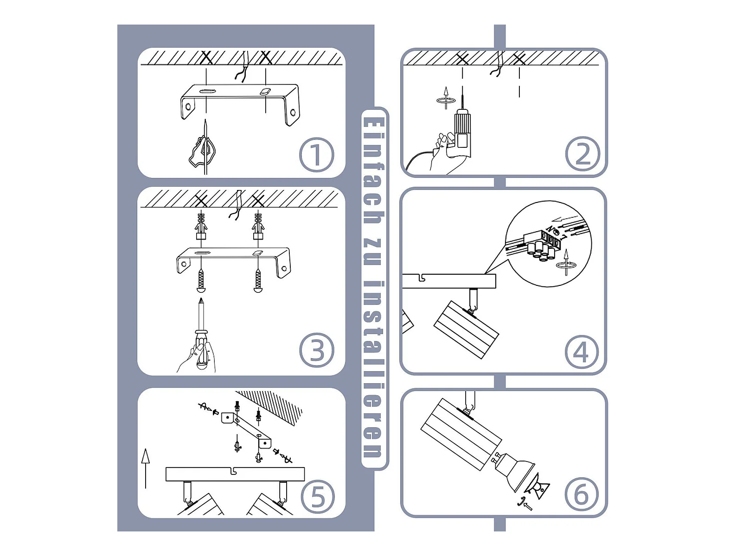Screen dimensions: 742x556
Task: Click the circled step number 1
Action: [x=316, y=155]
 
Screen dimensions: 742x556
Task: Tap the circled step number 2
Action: [x=582, y=154]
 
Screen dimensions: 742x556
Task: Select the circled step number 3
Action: [x=317, y=350]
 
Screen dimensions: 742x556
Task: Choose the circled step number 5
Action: [x=318, y=497]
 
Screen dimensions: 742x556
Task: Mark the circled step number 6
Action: [x=582, y=495]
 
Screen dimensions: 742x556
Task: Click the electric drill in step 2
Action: [x=462, y=132]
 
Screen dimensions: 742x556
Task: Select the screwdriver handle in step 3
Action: [x=202, y=349]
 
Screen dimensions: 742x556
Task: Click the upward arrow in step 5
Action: [x=145, y=468]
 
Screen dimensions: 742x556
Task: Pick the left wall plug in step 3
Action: [x=201, y=226]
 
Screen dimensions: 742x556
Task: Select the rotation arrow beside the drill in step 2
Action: [x=446, y=99]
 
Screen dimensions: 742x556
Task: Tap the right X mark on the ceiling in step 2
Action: [x=519, y=59]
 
